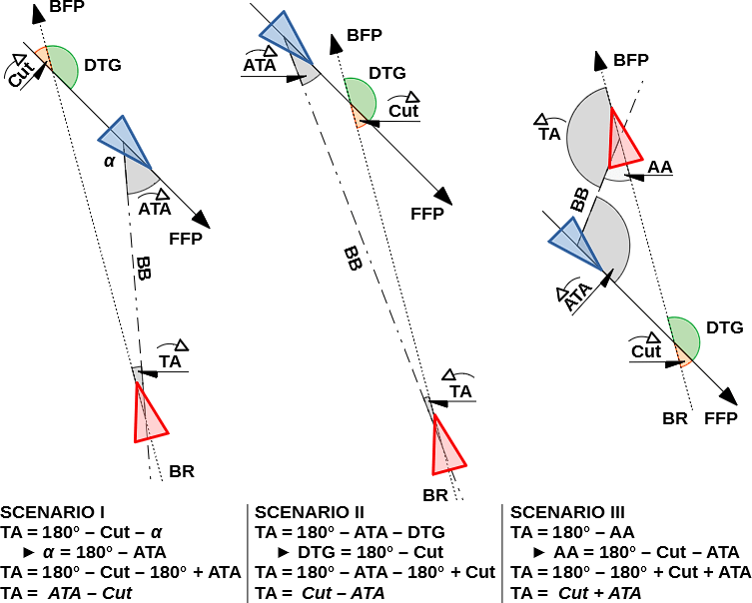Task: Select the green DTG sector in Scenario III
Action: pos(684,335)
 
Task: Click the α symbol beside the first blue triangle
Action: pos(110,161)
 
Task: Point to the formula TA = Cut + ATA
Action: pos(576,593)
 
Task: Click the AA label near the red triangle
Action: pos(659,166)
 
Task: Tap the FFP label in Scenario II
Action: pos(427,214)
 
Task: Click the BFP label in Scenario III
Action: pos(631,61)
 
